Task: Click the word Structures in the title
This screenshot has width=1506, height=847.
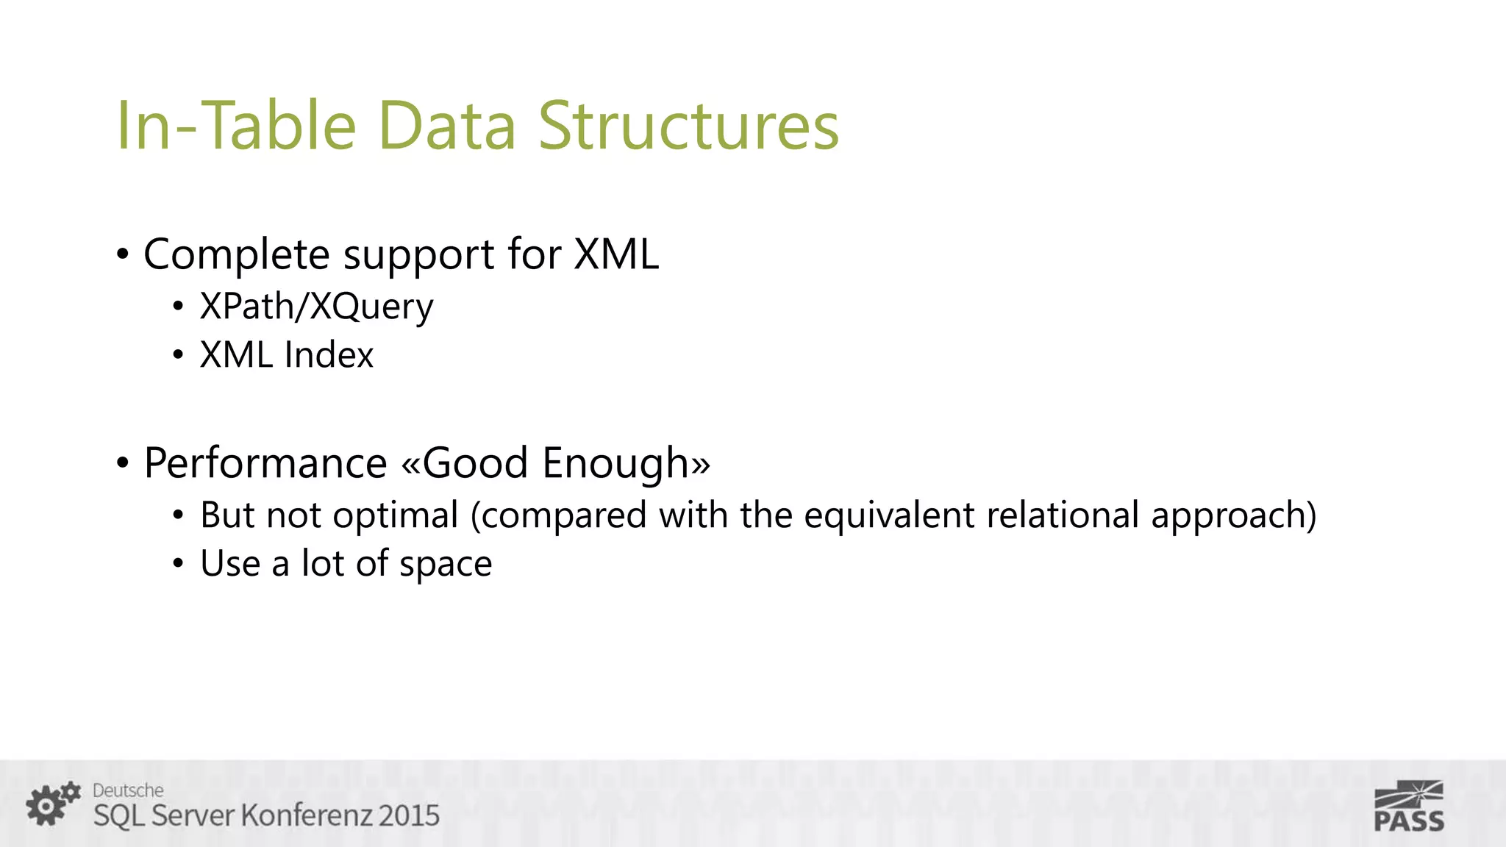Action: tap(688, 126)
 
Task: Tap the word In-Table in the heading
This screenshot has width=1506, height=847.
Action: tap(236, 126)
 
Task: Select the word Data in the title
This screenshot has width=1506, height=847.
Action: tap(446, 126)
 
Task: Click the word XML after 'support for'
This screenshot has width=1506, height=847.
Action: tap(615, 254)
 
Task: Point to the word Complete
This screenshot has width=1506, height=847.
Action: tap(236, 254)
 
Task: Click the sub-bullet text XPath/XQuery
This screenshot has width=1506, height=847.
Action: tap(316, 307)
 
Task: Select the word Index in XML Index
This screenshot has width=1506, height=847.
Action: tap(329, 355)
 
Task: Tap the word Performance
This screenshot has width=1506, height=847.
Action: tap(265, 463)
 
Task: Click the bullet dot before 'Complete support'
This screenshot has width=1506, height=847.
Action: tap(123, 255)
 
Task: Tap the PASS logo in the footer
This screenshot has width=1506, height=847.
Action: tap(1408, 807)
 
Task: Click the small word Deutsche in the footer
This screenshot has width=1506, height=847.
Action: tap(128, 790)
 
